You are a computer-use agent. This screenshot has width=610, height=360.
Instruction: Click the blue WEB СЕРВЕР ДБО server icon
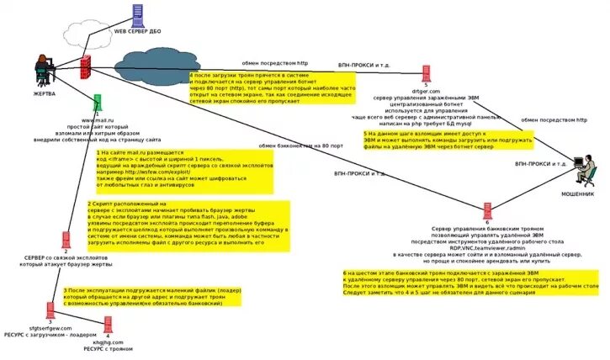tap(136, 15)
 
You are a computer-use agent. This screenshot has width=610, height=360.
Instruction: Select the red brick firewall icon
tap(86, 66)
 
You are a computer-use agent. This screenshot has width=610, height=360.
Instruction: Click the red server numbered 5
tap(426, 73)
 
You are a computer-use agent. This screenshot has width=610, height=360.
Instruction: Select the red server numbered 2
tap(66, 241)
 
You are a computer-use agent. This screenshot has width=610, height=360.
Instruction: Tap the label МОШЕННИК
tap(577, 194)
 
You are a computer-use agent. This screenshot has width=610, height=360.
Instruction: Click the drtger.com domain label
tap(425, 91)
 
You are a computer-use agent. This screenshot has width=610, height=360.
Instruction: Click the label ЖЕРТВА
tap(44, 93)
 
